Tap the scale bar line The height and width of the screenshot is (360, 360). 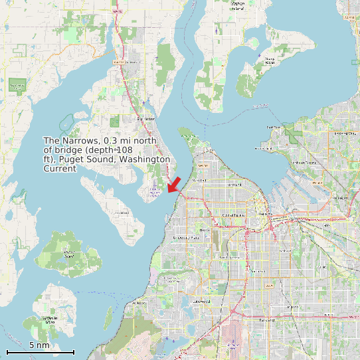pyautogui.click(x=40, y=351)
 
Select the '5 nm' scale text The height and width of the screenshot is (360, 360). pyautogui.click(x=39, y=345)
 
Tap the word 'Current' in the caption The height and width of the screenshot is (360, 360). pyautogui.click(x=60, y=169)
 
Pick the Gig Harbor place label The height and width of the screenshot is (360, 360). pyautogui.click(x=145, y=118)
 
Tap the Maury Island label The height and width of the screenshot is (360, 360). pyautogui.click(x=270, y=61)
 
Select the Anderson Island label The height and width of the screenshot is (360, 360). pyautogui.click(x=50, y=319)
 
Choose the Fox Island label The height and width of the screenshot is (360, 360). pyautogui.click(x=122, y=213)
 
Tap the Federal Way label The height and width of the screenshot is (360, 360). pyautogui.click(x=345, y=134)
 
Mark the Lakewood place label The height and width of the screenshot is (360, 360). pyautogui.click(x=201, y=301)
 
